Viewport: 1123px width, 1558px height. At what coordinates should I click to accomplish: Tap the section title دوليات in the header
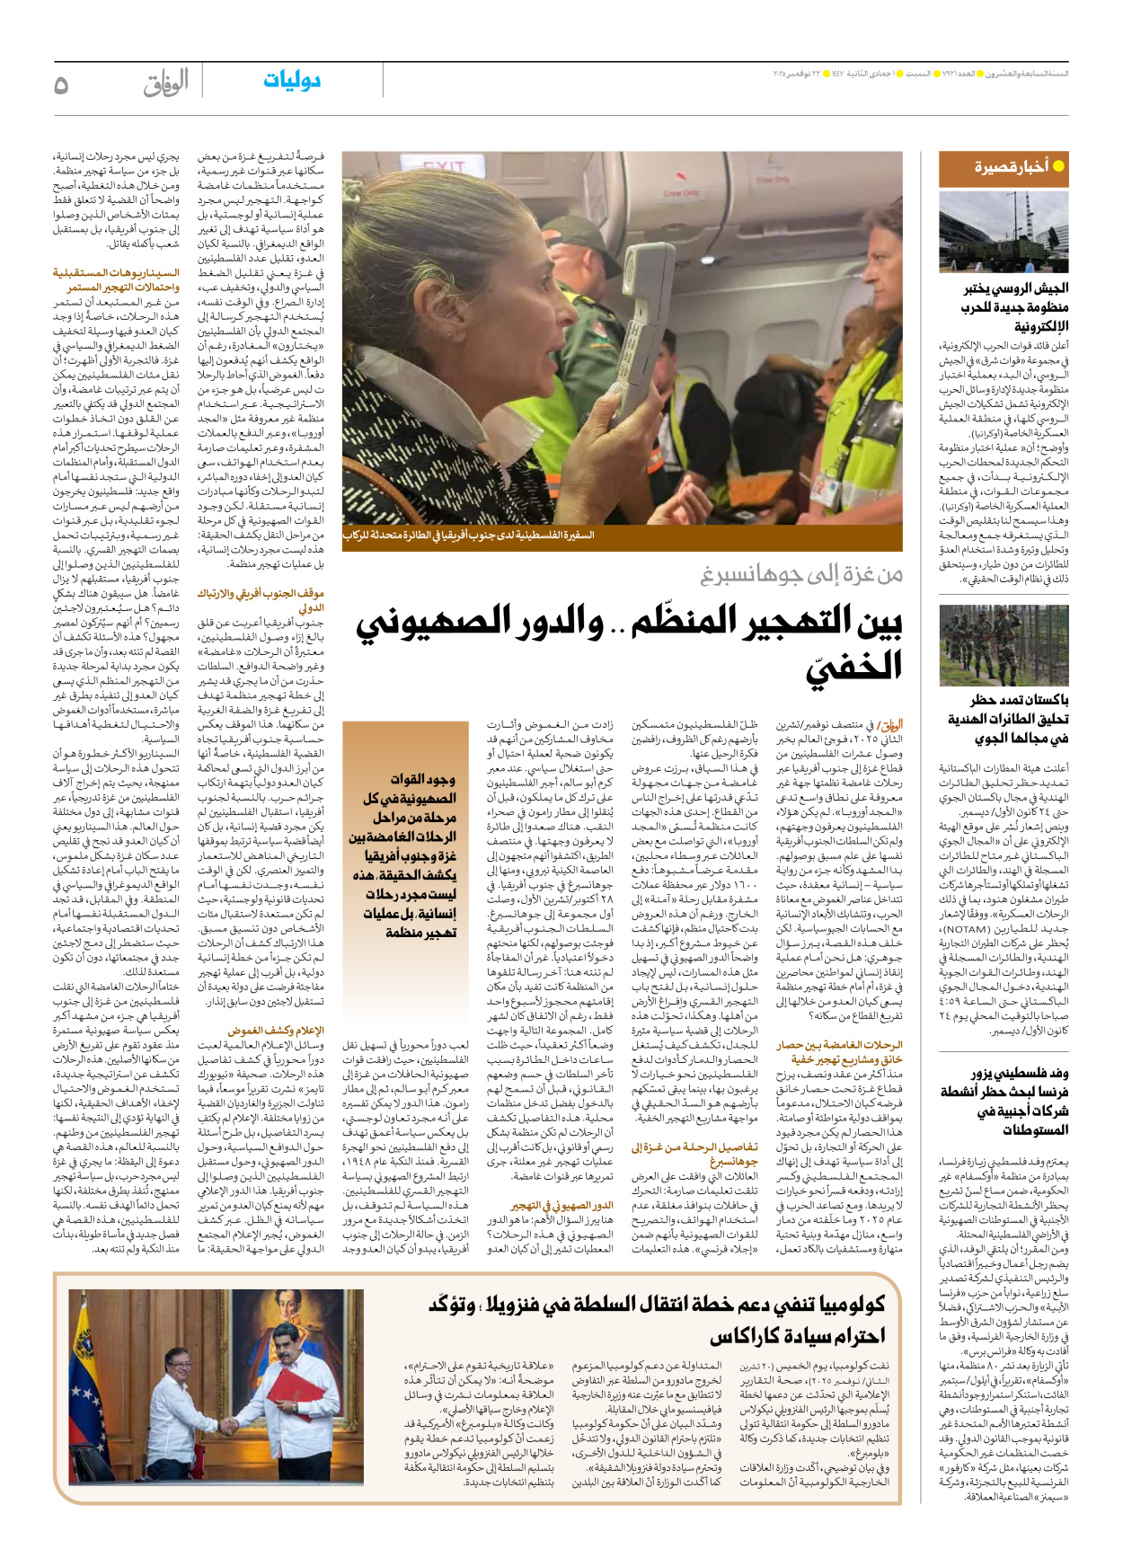[x=292, y=81]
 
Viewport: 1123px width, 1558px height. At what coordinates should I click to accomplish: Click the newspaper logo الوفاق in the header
[x=166, y=84]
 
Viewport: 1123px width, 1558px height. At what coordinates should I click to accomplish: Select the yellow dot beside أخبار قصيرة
[x=1058, y=166]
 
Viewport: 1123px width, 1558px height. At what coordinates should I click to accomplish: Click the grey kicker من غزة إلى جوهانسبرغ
[x=801, y=574]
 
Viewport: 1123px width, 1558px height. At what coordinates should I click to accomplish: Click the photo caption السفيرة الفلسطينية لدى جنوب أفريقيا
[x=468, y=536]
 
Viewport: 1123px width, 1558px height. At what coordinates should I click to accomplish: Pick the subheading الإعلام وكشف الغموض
[x=276, y=1031]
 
